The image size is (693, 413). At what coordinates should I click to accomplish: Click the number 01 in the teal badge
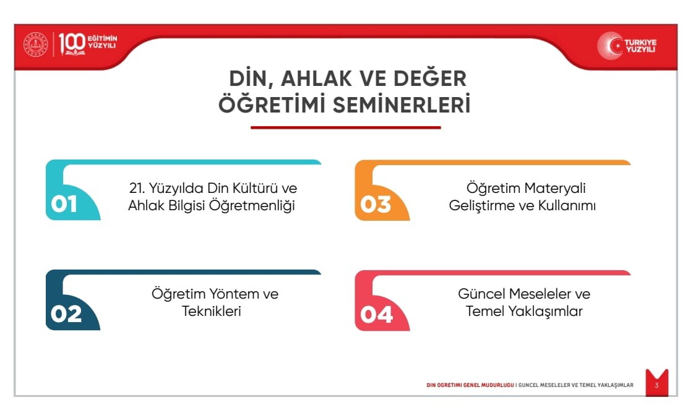pyautogui.click(x=64, y=204)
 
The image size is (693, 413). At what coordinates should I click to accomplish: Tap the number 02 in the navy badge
pyautogui.click(x=66, y=314)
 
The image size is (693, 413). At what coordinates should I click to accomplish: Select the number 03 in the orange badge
pyautogui.click(x=376, y=205)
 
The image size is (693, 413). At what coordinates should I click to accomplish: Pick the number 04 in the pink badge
pyautogui.click(x=377, y=315)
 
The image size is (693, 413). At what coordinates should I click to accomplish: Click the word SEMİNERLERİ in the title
pyautogui.click(x=402, y=105)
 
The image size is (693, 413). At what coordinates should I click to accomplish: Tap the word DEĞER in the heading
pyautogui.click(x=430, y=78)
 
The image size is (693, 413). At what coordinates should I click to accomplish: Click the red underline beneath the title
pyautogui.click(x=346, y=127)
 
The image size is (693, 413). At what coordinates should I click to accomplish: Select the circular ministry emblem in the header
pyautogui.click(x=35, y=45)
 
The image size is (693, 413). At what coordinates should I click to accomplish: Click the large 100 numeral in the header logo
pyautogui.click(x=72, y=43)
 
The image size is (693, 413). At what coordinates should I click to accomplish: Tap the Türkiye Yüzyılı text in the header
pyautogui.click(x=640, y=46)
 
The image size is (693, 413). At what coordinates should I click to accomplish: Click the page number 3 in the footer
pyautogui.click(x=656, y=385)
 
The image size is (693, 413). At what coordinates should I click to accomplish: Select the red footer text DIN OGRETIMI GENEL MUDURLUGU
pyautogui.click(x=470, y=385)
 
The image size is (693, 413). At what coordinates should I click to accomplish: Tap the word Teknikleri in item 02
pyautogui.click(x=211, y=311)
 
